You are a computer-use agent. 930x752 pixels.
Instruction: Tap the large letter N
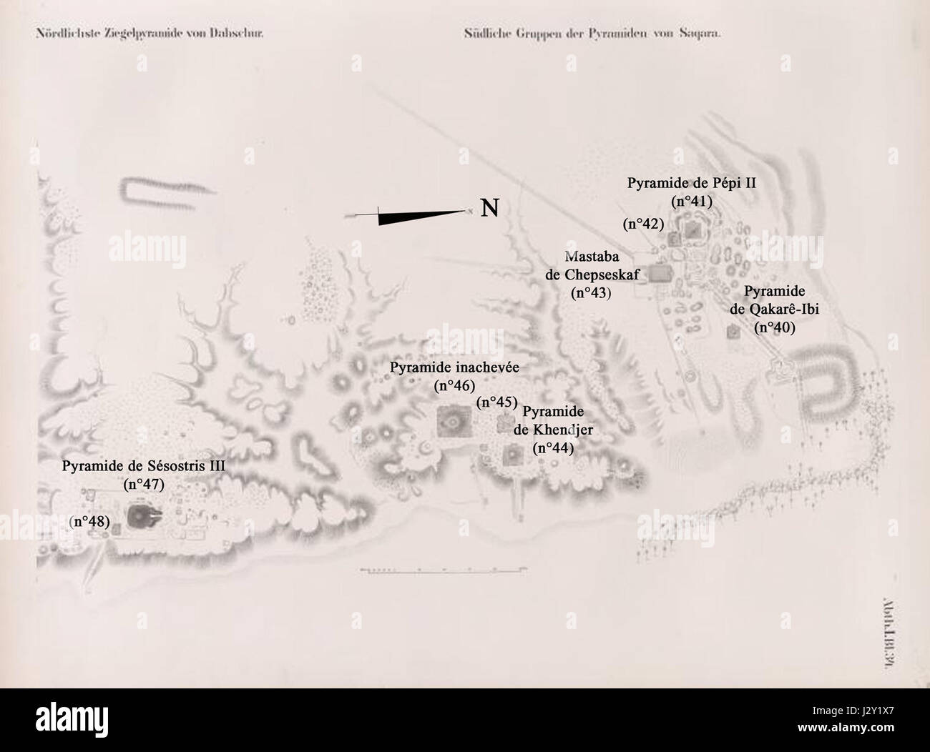click(x=489, y=208)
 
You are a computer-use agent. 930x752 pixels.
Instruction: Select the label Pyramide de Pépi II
click(x=692, y=183)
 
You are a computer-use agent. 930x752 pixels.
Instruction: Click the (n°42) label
click(x=643, y=224)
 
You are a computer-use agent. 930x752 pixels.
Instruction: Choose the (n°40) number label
click(x=775, y=327)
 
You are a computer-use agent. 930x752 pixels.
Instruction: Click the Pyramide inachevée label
click(x=454, y=367)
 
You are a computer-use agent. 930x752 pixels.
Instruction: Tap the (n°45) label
click(x=496, y=402)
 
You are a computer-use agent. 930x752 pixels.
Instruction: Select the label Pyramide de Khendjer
click(x=553, y=421)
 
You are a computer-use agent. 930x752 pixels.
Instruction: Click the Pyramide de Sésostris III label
click(x=143, y=465)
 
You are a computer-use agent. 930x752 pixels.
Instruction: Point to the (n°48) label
click(x=90, y=522)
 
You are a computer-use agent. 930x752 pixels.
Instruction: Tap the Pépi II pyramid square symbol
click(x=692, y=229)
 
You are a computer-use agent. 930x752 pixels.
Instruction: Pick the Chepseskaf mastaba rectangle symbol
click(x=660, y=274)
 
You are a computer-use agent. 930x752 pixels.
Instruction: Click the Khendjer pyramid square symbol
click(x=512, y=454)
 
